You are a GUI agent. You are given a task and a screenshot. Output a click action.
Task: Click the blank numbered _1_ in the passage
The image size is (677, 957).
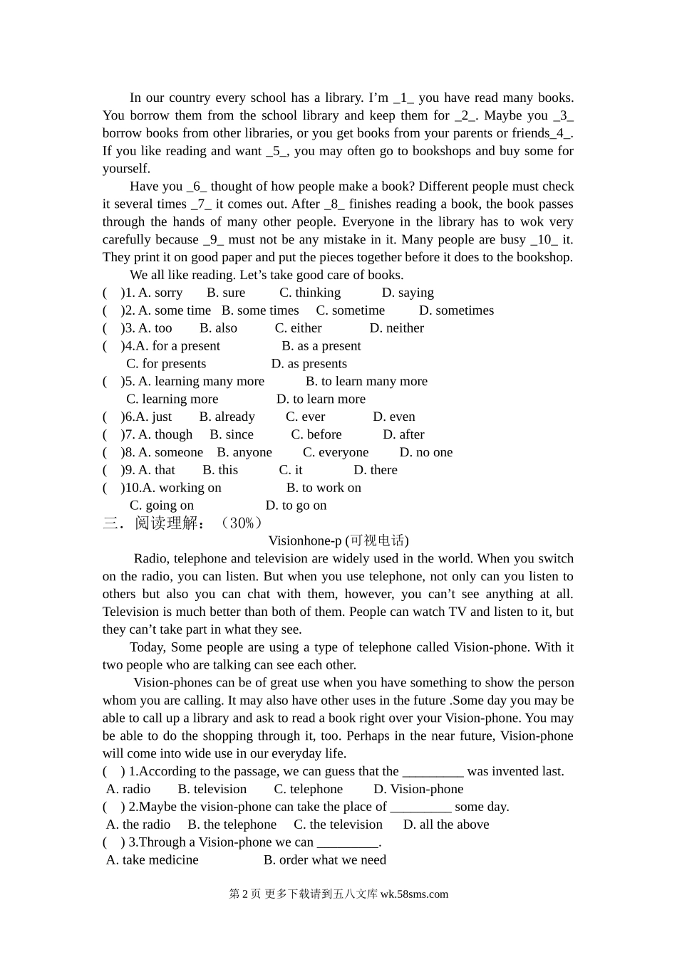click(x=403, y=98)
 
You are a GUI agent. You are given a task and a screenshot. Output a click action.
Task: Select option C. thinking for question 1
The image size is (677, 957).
click(x=310, y=293)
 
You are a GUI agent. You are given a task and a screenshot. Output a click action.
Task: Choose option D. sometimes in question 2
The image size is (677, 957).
click(x=456, y=310)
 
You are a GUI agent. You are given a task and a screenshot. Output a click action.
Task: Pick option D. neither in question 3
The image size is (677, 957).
click(x=396, y=328)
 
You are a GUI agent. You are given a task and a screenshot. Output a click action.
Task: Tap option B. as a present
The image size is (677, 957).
click(x=321, y=346)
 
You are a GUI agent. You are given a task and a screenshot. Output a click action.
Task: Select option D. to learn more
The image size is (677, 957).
click(x=321, y=399)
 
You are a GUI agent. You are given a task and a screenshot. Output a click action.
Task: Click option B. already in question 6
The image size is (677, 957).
click(x=227, y=417)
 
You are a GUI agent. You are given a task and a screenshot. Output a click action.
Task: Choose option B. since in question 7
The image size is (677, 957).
click(x=232, y=435)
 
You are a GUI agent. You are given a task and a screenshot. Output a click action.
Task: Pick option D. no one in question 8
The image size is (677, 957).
click(x=425, y=453)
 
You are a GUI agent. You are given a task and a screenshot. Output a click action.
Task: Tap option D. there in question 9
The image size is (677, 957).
click(x=376, y=471)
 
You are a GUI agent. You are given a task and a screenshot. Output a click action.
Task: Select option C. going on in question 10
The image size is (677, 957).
click(x=162, y=506)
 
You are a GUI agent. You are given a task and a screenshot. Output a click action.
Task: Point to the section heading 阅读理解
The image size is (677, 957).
click(x=166, y=523)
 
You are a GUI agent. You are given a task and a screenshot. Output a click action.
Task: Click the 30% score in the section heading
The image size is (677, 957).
click(x=242, y=523)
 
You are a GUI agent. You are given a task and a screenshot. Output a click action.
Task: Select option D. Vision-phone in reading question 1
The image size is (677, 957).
click(x=418, y=789)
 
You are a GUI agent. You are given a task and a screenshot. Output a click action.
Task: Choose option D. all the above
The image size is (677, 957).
click(x=446, y=825)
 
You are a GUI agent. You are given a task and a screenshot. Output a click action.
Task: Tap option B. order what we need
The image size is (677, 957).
click(x=325, y=860)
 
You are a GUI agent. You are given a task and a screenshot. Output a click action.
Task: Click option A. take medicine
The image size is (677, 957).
click(x=153, y=860)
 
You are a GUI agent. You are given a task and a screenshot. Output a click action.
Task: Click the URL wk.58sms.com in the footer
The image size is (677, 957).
click(x=414, y=895)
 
